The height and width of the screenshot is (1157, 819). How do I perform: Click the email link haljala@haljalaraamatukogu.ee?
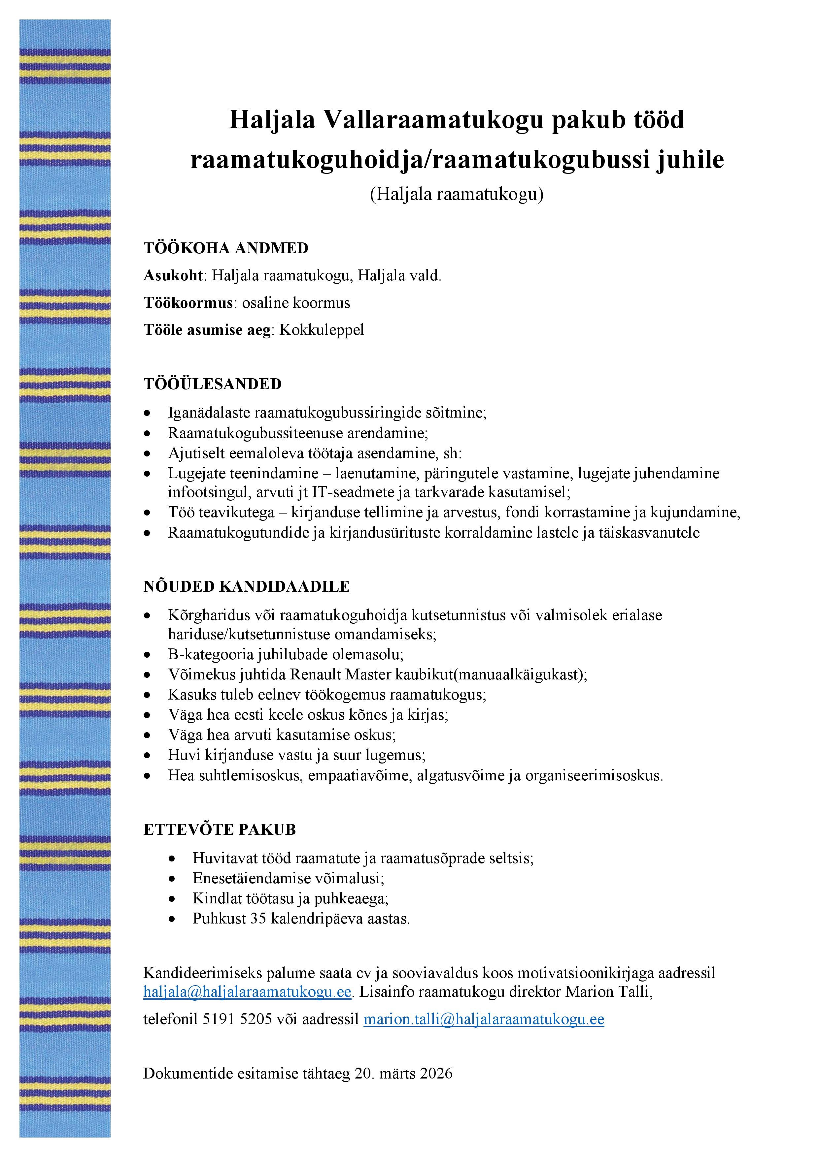click(x=247, y=992)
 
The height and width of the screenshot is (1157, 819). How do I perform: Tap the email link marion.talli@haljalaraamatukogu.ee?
click(x=484, y=1019)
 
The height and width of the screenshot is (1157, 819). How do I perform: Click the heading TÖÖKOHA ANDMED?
click(x=226, y=248)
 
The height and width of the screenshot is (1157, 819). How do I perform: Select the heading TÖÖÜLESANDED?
click(x=212, y=384)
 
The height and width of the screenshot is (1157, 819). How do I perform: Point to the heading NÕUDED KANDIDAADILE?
click(x=246, y=586)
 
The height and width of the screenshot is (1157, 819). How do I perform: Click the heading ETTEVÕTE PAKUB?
click(x=220, y=829)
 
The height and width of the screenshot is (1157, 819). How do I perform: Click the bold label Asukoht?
click(x=173, y=276)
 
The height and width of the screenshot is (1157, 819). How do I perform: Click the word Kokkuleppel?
click(x=321, y=330)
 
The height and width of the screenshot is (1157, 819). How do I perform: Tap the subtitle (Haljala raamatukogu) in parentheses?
click(x=457, y=194)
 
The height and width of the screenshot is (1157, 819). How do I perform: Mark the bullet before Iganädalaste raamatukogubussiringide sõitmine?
click(x=147, y=413)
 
